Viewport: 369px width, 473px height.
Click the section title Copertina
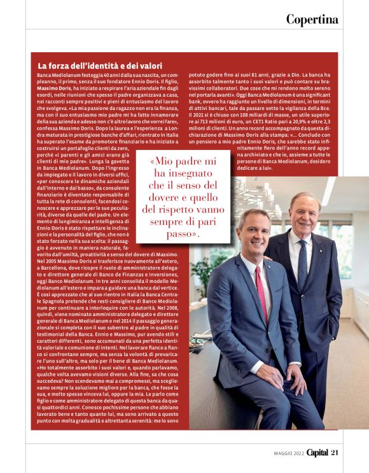pos(312,19)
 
